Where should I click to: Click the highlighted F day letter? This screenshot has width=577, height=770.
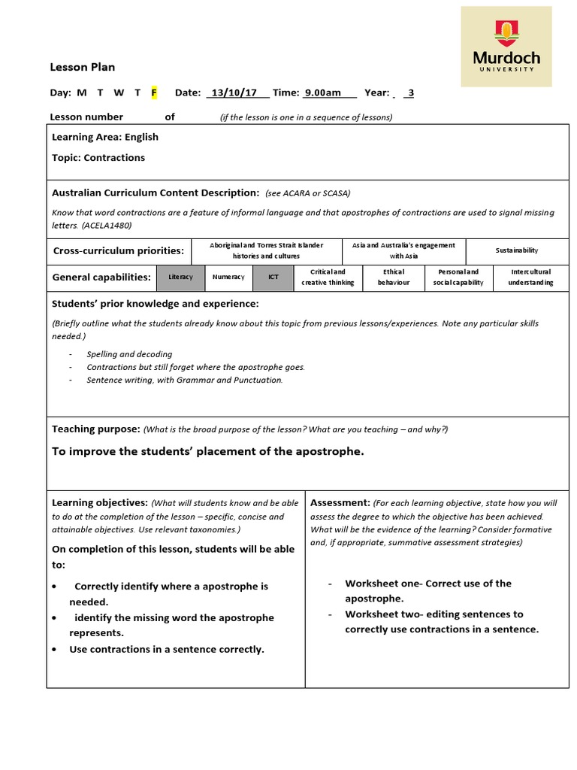[154, 92]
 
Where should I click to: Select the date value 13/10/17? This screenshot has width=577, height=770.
[234, 92]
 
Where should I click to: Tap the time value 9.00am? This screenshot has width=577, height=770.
[322, 92]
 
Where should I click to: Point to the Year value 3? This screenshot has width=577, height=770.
[410, 92]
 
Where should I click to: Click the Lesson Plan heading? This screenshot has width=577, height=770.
[82, 67]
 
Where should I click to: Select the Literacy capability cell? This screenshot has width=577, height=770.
[180, 277]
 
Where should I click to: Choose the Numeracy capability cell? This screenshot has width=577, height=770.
[228, 277]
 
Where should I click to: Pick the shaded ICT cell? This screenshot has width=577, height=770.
[273, 277]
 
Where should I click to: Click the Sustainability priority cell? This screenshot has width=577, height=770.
[516, 250]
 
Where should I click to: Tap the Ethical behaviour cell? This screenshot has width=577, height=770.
[394, 277]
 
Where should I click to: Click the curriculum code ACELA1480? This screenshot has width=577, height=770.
[113, 225]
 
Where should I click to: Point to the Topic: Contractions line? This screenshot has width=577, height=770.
[98, 158]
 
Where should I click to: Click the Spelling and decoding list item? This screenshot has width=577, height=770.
[129, 354]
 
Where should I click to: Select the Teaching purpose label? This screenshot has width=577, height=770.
[95, 429]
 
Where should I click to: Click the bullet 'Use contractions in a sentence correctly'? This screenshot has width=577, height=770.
[167, 649]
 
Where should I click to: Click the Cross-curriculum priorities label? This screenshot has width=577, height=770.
[118, 250]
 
